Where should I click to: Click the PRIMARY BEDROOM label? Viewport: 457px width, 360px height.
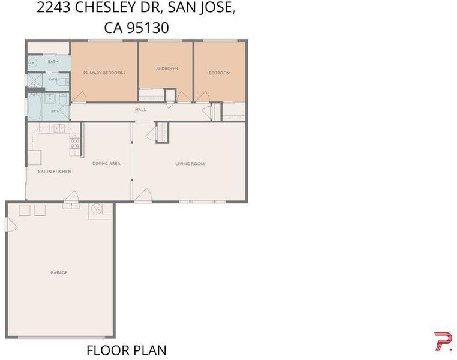[104, 73]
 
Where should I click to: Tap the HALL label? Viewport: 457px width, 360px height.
[140, 110]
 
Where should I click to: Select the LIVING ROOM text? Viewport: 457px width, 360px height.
[190, 164]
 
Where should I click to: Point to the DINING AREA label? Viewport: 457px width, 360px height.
[106, 164]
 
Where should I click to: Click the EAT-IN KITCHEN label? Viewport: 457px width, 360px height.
[55, 172]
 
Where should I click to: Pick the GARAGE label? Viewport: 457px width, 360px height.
[59, 272]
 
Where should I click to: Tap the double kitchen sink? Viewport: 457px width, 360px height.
[59, 128]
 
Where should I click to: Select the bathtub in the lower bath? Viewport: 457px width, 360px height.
[34, 106]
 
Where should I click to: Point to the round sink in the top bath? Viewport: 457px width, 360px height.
[33, 62]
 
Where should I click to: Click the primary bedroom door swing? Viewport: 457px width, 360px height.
[79, 97]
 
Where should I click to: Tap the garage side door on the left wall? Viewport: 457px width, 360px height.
[11, 225]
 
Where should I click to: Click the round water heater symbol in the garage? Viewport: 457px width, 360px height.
[97, 209]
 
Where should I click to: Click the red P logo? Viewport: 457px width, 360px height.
[443, 341]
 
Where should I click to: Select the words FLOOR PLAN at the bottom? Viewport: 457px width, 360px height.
[127, 350]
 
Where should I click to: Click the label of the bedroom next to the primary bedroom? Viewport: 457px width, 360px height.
[167, 68]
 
